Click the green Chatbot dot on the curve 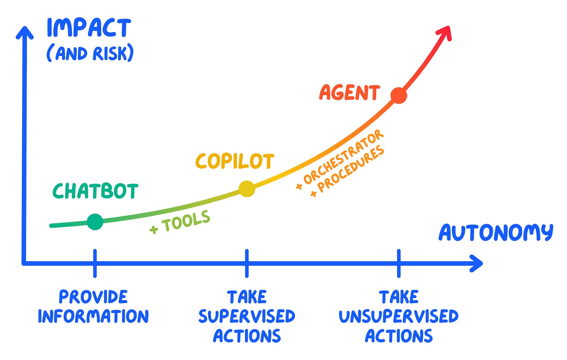[x=95, y=222]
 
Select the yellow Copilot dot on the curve [x=247, y=189]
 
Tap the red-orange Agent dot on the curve [x=398, y=95]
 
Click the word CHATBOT [x=95, y=191]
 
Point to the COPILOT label [x=235, y=161]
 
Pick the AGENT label [x=349, y=93]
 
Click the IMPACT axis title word [x=89, y=28]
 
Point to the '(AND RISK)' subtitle [x=90, y=53]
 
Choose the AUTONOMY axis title [x=496, y=233]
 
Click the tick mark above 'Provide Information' [x=95, y=263]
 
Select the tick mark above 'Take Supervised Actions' [x=247, y=263]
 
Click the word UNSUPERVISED [x=398, y=316]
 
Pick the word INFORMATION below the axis [x=93, y=316]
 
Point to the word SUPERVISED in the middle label [x=247, y=316]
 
